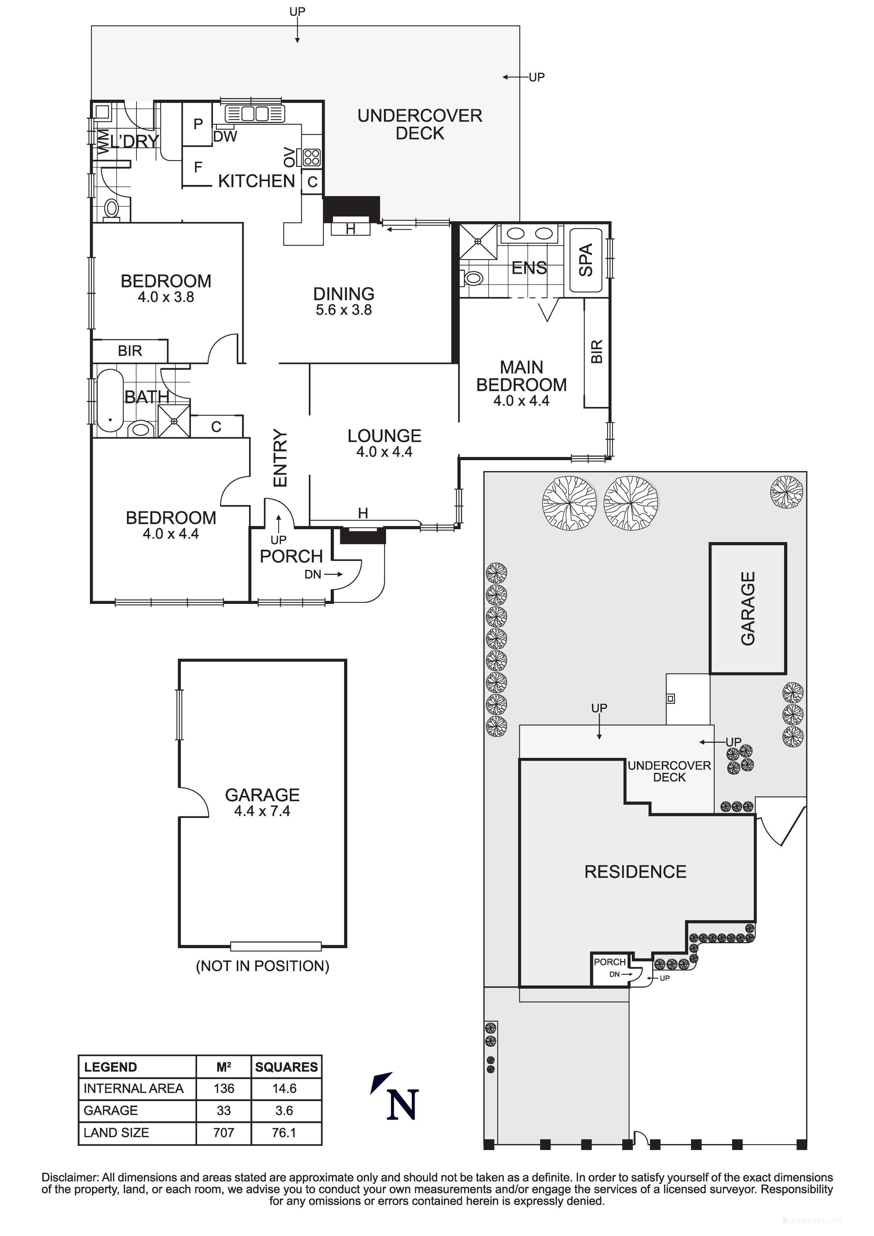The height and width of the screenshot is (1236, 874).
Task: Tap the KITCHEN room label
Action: [256, 181]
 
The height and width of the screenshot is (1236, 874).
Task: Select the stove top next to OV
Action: [311, 157]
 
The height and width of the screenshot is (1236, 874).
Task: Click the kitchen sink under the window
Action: [254, 113]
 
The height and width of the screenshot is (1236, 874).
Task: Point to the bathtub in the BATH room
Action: [110, 400]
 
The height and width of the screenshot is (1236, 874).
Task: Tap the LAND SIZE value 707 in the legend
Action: [224, 1133]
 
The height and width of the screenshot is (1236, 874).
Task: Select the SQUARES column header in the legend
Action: [286, 1067]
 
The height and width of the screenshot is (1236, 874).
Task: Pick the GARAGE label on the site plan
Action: [748, 608]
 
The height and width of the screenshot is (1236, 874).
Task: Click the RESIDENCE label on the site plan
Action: [635, 872]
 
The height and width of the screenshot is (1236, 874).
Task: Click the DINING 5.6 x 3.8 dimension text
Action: [343, 310]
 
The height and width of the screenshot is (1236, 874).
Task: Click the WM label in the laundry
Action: [102, 141]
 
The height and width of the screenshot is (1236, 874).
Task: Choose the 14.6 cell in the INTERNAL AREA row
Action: [284, 1088]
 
